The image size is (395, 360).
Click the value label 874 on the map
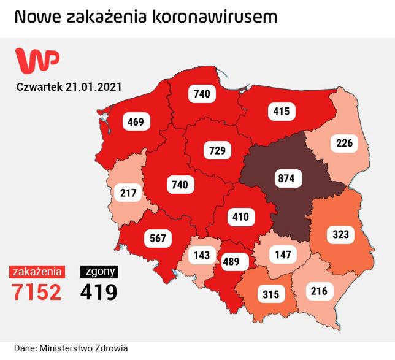coord(286,178)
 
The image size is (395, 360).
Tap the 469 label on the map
coord(136,122)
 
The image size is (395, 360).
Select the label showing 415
coord(282,111)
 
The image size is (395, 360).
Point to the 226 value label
coord(344,144)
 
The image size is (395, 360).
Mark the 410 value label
coord(240,216)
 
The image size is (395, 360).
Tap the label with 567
coord(158,238)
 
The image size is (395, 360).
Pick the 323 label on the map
coord(340,234)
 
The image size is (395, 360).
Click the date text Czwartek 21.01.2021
coord(69,86)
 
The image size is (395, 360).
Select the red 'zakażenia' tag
coord(37,270)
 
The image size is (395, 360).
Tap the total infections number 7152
coord(37,291)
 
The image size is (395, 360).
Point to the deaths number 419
coord(98,291)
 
